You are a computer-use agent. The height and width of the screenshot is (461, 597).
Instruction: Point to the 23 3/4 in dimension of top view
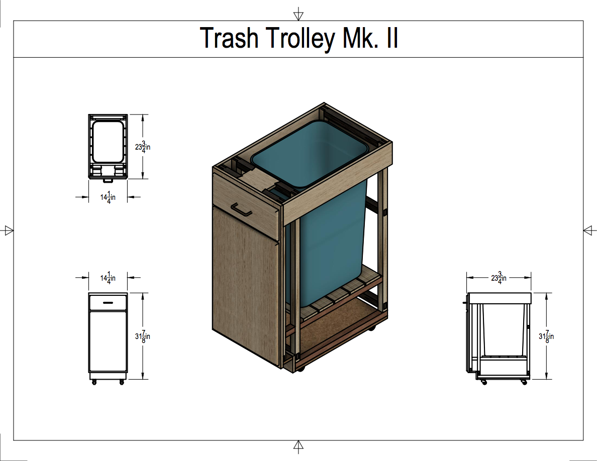pyautogui.click(x=143, y=147)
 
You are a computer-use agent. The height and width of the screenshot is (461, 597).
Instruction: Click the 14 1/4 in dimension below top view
pyautogui.click(x=108, y=197)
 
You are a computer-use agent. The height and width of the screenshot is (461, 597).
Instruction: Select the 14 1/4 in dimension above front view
pyautogui.click(x=108, y=277)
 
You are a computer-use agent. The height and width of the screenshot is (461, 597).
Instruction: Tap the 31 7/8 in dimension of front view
pyautogui.click(x=143, y=336)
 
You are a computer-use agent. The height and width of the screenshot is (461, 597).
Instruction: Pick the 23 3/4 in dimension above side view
pyautogui.click(x=499, y=277)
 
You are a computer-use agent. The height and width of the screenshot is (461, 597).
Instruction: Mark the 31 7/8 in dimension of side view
pyautogui.click(x=546, y=336)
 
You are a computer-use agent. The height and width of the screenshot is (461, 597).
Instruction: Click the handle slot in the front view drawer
pyautogui.click(x=108, y=302)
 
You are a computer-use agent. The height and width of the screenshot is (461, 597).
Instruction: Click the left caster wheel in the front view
pyautogui.click(x=94, y=383)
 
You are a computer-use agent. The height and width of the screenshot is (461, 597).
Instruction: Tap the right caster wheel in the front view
pyautogui.click(x=122, y=383)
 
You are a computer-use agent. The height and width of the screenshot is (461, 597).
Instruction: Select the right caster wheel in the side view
pyautogui.click(x=524, y=383)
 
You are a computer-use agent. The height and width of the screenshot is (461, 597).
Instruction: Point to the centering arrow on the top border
pyautogui.click(x=299, y=12)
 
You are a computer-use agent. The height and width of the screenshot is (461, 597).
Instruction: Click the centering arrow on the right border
pyautogui.click(x=589, y=230)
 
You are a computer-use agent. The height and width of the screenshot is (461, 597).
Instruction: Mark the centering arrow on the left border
pyautogui.click(x=8, y=230)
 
